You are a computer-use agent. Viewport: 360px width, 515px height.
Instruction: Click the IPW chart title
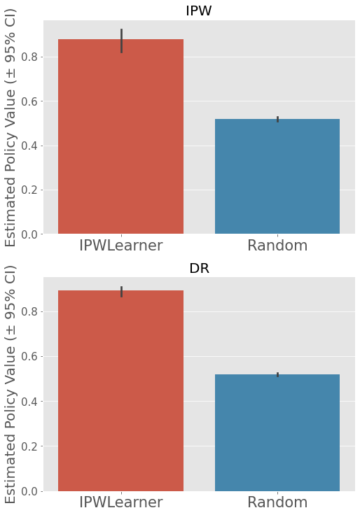point(199,10)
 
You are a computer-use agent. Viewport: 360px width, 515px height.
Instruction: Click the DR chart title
point(199,268)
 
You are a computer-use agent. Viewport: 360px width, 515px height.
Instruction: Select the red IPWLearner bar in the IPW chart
point(120,140)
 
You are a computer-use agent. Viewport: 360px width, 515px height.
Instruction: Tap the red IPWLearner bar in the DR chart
point(120,392)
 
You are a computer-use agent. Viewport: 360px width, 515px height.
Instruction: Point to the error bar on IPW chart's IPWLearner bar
point(121,41)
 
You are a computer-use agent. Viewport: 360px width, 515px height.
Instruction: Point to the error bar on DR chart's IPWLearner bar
point(121,291)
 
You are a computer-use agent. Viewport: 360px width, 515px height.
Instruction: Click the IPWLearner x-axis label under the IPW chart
point(120,246)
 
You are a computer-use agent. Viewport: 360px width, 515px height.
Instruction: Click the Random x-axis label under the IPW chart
point(277,246)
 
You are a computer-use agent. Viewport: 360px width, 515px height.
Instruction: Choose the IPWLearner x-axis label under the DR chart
point(120,502)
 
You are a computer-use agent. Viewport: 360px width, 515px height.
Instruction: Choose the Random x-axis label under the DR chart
point(277,502)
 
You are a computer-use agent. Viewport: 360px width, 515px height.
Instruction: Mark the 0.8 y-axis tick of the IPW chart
point(30,57)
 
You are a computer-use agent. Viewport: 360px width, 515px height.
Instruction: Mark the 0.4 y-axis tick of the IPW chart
point(30,146)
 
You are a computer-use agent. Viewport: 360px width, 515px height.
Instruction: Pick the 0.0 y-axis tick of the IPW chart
point(30,234)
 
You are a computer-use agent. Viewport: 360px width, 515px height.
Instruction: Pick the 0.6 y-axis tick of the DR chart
point(30,357)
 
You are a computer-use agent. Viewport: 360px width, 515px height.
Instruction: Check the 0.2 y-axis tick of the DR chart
point(30,446)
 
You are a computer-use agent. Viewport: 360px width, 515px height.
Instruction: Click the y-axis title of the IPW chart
point(11,127)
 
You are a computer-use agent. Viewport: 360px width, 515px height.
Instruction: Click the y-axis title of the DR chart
point(11,384)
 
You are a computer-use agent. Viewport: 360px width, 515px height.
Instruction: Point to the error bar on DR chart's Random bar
point(278,375)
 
